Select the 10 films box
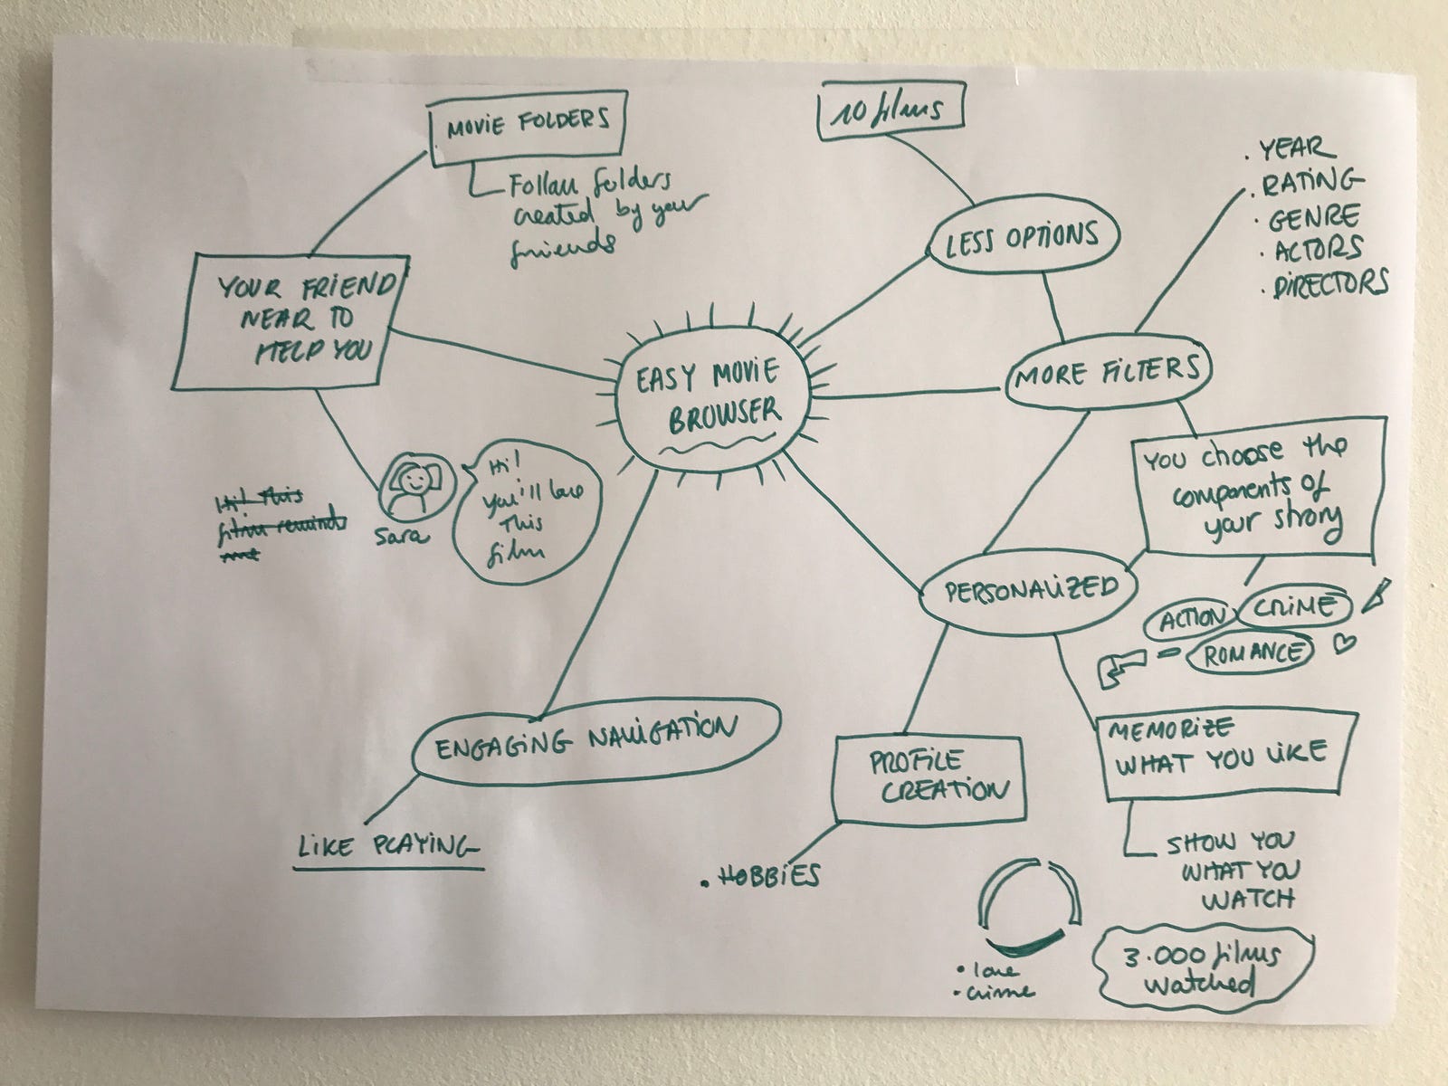coord(890,111)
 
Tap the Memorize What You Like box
coord(1223,755)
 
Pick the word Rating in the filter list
coord(1310,184)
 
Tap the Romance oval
coord(1250,653)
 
